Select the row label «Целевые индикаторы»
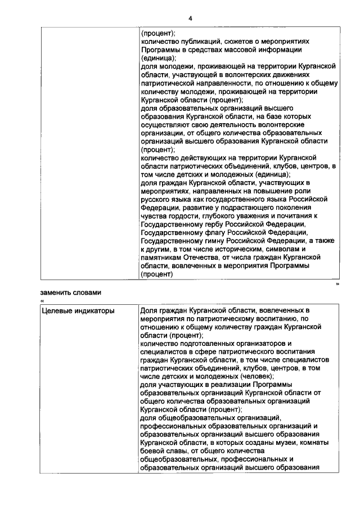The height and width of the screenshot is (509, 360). [78, 310]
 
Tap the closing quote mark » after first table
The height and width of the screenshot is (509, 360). [337, 285]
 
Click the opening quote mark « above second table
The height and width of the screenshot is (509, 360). [42, 301]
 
